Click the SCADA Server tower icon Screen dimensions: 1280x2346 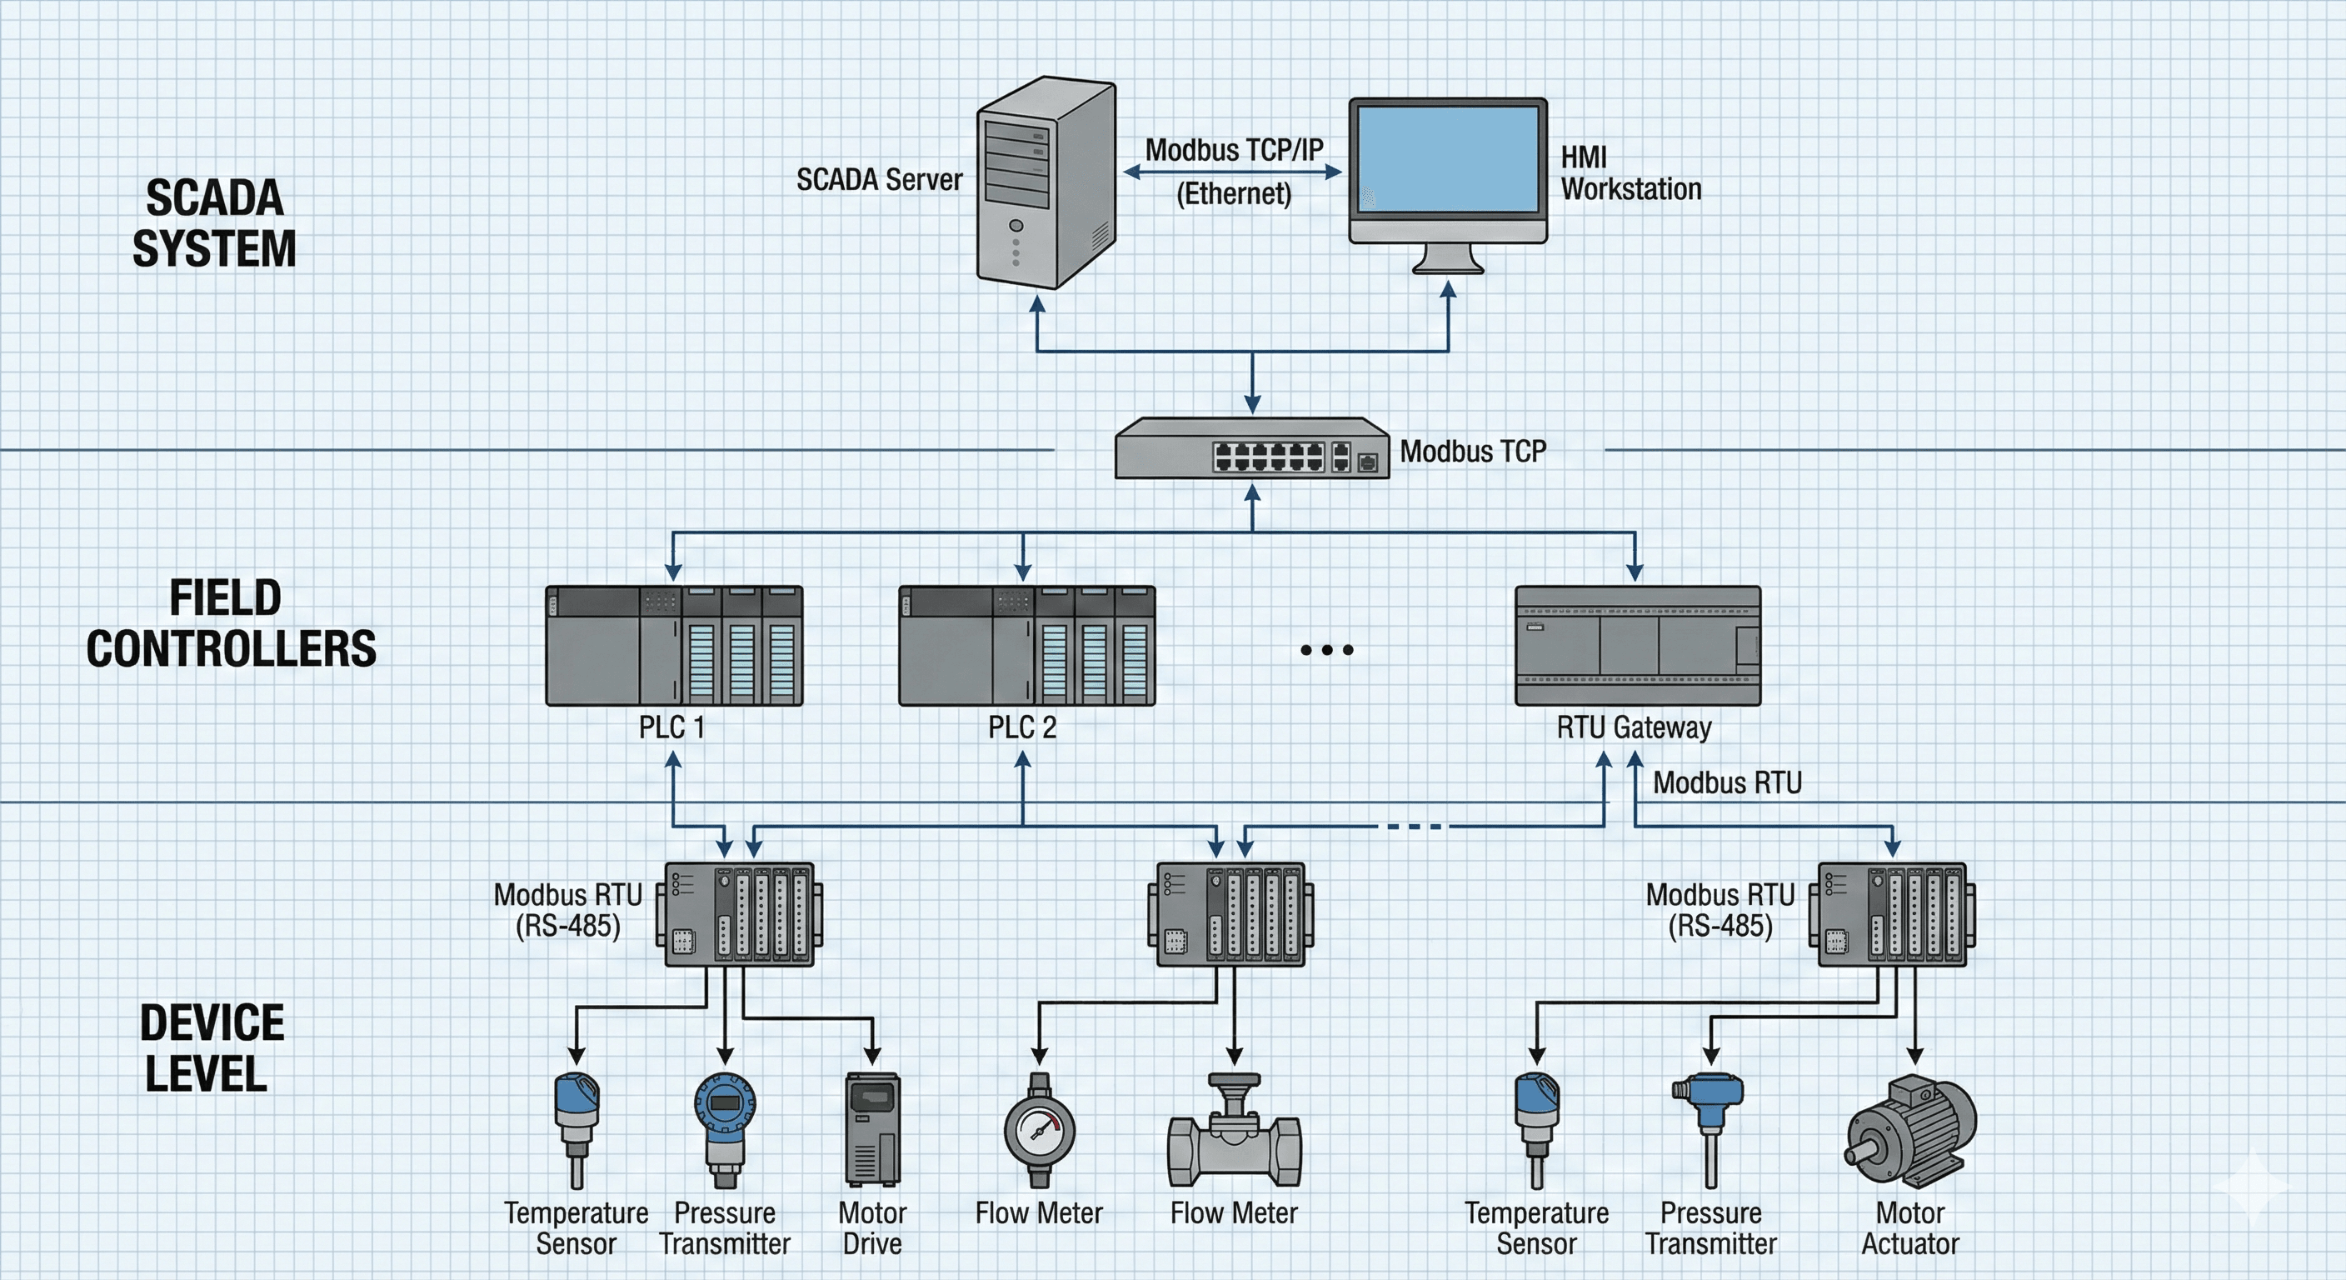point(1046,182)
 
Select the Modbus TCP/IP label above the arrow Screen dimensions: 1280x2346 point(1233,150)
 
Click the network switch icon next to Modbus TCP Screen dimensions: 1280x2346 point(1252,448)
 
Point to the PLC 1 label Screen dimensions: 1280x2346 point(671,727)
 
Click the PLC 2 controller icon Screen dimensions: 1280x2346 point(1026,646)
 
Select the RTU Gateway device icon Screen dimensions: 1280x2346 point(1636,646)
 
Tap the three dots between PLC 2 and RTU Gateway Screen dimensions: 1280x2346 point(1326,649)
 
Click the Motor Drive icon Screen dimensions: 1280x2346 point(872,1130)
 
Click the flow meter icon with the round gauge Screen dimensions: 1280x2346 point(1039,1130)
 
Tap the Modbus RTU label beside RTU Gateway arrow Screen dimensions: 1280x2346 point(1727,782)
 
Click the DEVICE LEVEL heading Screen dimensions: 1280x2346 point(212,1047)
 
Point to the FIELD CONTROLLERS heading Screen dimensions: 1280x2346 point(231,623)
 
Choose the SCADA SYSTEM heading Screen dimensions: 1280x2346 point(214,223)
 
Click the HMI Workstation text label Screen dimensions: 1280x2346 point(1630,173)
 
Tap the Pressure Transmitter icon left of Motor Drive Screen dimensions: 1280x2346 point(724,1130)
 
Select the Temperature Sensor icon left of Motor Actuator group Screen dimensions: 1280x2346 point(1536,1130)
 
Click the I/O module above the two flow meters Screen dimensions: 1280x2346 point(1230,915)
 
